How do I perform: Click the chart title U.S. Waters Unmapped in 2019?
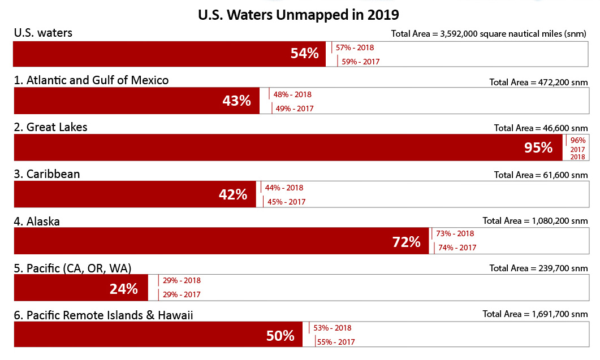298,14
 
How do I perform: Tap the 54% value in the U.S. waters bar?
305,54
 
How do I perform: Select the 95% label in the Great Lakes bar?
538,148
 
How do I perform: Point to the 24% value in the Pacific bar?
124,289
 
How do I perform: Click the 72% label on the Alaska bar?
407,242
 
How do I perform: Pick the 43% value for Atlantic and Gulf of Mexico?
236,101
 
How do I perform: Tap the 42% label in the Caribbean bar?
233,194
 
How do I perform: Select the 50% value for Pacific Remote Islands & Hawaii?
280,336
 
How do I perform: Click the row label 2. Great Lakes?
51,127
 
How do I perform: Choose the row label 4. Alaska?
37,221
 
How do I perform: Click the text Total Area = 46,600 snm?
541,128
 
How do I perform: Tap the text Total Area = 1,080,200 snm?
535,221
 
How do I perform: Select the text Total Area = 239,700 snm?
538,268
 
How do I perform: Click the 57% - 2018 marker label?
355,48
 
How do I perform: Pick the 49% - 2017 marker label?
294,109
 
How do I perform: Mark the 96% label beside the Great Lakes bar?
578,141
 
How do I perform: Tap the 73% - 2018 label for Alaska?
455,233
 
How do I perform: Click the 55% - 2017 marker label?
336,342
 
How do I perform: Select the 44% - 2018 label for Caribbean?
284,188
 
